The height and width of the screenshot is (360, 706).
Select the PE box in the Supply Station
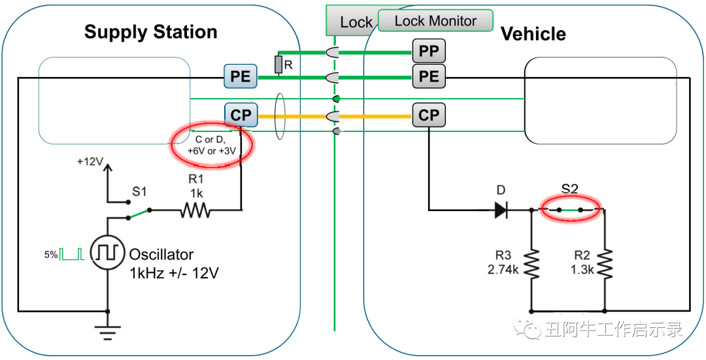[241, 76]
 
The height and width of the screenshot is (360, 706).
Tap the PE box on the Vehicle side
[429, 76]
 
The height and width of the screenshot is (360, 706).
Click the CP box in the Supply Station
[241, 115]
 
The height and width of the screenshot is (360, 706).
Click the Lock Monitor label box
[435, 21]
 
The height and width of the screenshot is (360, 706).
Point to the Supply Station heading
[150, 32]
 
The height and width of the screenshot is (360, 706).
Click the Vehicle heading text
[533, 34]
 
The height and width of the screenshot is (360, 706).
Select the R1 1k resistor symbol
[195, 210]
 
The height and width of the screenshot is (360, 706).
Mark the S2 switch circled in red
[570, 210]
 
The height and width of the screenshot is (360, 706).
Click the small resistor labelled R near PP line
[278, 64]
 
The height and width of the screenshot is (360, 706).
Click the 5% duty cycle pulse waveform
[72, 254]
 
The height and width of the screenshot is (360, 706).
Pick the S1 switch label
[139, 191]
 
